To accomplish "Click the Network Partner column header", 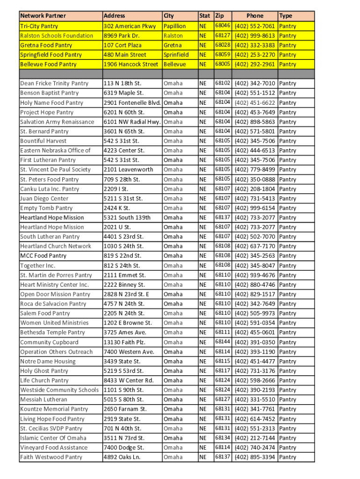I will [43, 16].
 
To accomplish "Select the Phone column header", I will [255, 16].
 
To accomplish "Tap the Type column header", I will [286, 16].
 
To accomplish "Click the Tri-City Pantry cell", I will [39, 26].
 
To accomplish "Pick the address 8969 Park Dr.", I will [122, 36].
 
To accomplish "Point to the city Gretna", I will [173, 45].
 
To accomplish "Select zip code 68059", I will [222, 54].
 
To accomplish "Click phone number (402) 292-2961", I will [255, 64].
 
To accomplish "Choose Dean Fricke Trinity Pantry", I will [54, 83].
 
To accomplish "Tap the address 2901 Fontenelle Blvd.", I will [132, 102].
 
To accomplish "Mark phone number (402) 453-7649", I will [255, 112].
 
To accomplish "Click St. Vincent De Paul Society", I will [56, 169].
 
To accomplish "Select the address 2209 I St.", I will [116, 189].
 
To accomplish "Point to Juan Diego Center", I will [44, 198].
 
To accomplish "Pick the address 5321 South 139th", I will [127, 218].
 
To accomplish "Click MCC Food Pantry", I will [43, 256].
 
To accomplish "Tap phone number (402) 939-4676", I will [255, 275].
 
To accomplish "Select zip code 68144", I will [222, 341].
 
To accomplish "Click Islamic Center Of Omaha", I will [53, 438].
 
